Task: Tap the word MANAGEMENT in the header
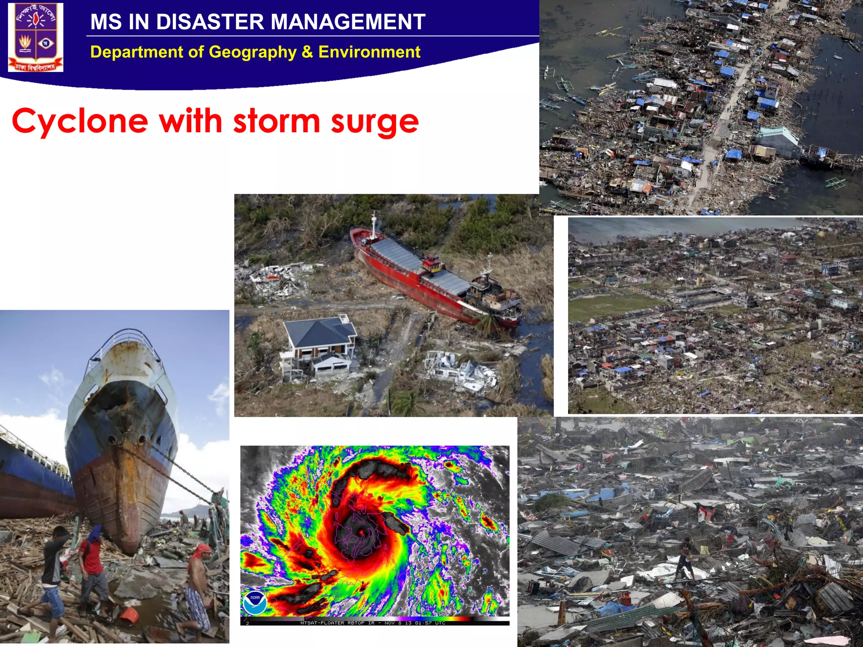[348, 22]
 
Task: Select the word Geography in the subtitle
[252, 52]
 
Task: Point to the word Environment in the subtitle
[369, 52]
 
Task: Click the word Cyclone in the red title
[80, 121]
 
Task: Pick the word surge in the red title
[375, 122]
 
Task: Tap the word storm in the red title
[276, 121]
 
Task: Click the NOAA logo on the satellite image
[255, 602]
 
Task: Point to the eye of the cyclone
[361, 532]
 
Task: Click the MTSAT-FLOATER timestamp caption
[373, 623]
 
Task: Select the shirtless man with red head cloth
[198, 586]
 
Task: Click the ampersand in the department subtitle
[307, 52]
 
